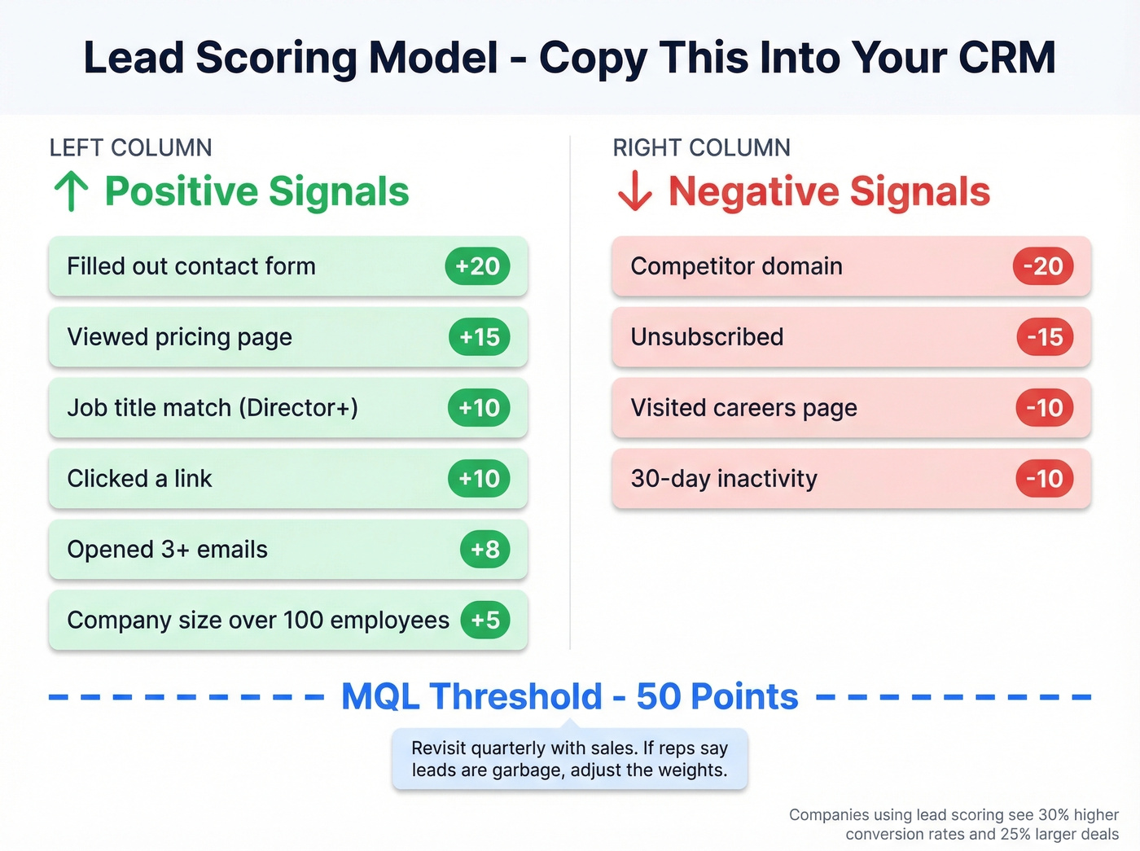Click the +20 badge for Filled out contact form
(x=477, y=266)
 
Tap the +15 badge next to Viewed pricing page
(x=479, y=337)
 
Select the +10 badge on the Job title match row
(x=479, y=408)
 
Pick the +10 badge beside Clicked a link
(x=479, y=479)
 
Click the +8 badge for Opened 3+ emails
(x=484, y=550)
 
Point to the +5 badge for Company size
(x=484, y=621)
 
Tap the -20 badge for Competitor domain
(x=1042, y=266)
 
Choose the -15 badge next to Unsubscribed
(x=1045, y=337)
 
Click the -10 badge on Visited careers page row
(x=1044, y=408)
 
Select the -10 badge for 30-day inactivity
(x=1044, y=479)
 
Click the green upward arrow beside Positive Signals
(x=71, y=191)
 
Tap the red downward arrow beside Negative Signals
(x=634, y=191)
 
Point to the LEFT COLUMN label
(x=130, y=147)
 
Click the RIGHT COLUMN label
(x=701, y=147)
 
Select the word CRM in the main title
(x=1006, y=58)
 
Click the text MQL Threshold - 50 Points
(x=569, y=697)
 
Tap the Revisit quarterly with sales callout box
(x=569, y=759)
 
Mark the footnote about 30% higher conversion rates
(x=954, y=824)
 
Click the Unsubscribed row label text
(x=707, y=337)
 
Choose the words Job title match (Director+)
(x=213, y=408)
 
